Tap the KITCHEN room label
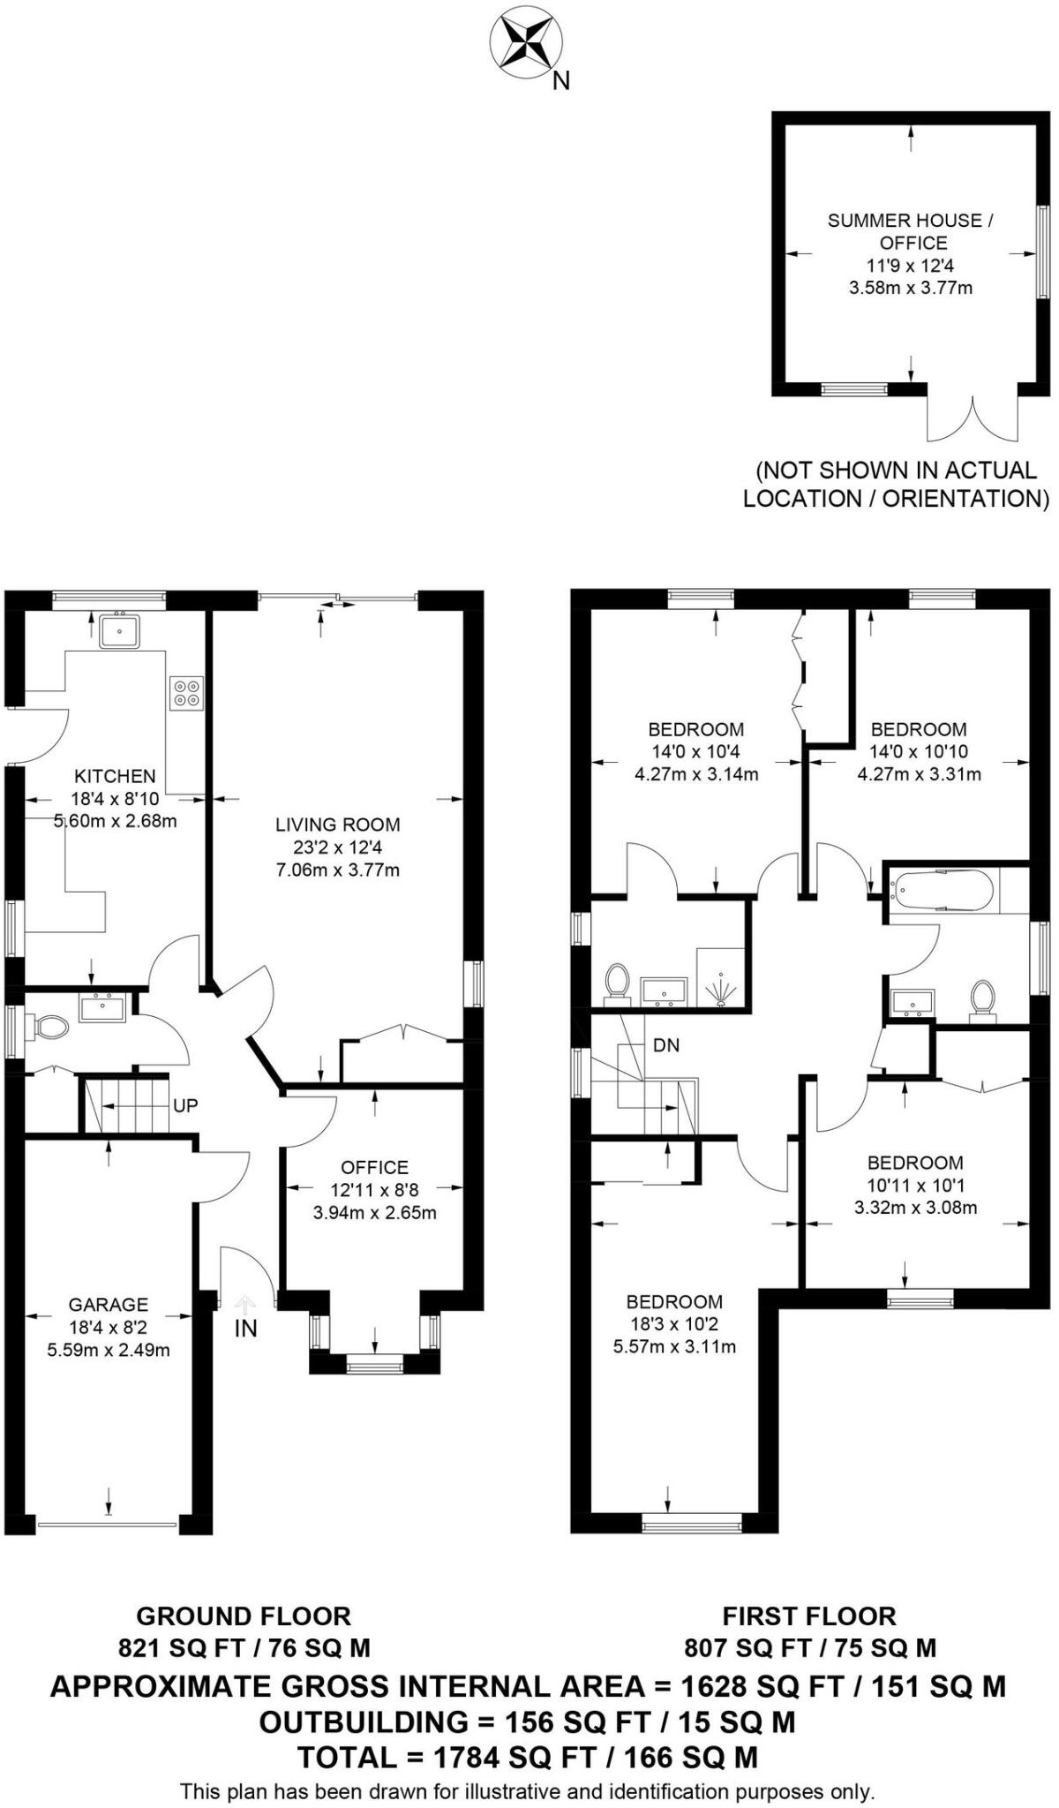click(x=115, y=776)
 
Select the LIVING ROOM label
click(x=338, y=825)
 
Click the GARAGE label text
click(x=109, y=1304)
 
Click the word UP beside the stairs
click(x=185, y=1104)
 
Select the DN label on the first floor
click(x=666, y=1045)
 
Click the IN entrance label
click(x=245, y=1328)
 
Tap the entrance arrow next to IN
click(x=244, y=1302)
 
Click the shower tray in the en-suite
click(x=722, y=977)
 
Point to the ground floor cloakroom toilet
click(x=50, y=1026)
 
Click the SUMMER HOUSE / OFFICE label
click(x=911, y=231)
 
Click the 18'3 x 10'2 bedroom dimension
click(x=674, y=1324)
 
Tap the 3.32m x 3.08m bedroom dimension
click(x=915, y=1208)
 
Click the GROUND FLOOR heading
click(x=244, y=1616)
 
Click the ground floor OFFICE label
click(x=374, y=1167)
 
